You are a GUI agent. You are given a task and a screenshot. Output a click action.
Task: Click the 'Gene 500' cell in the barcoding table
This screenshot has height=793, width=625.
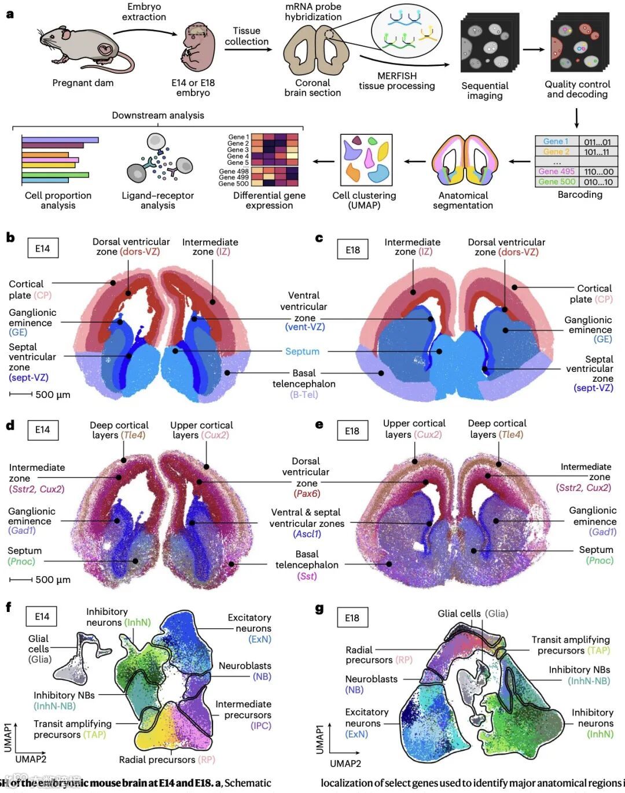(556, 182)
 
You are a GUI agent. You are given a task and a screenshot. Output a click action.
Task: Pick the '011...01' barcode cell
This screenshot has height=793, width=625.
(598, 142)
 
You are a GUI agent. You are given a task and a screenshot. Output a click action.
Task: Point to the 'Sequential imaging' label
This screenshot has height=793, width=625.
(484, 91)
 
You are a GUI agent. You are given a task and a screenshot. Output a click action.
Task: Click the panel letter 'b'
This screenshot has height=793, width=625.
(10, 238)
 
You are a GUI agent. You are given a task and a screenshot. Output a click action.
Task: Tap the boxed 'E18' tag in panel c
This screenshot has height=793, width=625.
(352, 250)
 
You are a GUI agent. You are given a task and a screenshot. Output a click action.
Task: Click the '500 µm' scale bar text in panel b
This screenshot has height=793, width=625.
(53, 394)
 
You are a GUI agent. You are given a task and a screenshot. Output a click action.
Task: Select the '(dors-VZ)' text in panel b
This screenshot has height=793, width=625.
(139, 252)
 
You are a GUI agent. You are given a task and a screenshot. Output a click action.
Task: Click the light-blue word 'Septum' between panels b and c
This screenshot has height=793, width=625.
(302, 352)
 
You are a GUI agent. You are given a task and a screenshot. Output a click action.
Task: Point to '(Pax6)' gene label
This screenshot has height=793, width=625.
(307, 493)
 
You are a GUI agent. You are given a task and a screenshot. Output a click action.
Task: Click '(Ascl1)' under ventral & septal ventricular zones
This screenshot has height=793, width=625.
(307, 534)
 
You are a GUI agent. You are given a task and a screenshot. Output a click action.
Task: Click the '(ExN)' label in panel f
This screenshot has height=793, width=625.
(259, 639)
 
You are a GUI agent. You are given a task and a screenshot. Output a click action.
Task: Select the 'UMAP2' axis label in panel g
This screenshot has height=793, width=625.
(345, 764)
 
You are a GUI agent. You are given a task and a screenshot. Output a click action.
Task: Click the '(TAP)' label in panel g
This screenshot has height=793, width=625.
(598, 650)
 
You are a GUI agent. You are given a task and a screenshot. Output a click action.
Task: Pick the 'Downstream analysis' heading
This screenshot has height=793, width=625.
(157, 115)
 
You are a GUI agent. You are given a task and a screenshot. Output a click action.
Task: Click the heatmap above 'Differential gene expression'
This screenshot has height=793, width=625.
(274, 160)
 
